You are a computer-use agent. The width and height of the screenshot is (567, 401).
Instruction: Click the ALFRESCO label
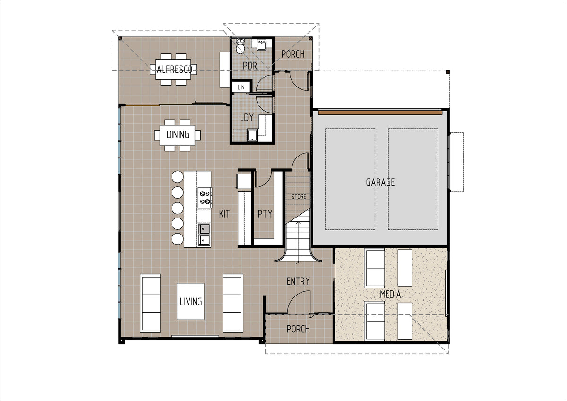[x=174, y=69]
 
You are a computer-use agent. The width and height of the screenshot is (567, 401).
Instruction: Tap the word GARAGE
[x=380, y=182]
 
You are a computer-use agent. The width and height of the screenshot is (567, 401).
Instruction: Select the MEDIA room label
[x=390, y=294]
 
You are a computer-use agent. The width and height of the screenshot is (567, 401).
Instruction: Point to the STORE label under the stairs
[x=299, y=197]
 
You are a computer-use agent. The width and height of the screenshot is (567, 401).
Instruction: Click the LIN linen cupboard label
[x=241, y=87]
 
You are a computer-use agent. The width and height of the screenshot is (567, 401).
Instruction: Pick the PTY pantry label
[x=265, y=214]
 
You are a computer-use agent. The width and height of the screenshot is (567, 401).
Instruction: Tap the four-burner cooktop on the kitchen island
[x=205, y=198]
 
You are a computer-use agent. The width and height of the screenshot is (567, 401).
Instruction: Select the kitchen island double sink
[x=204, y=235]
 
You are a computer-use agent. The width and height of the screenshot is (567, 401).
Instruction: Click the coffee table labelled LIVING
[x=190, y=301]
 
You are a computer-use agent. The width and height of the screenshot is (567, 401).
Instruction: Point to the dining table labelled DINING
[x=177, y=135]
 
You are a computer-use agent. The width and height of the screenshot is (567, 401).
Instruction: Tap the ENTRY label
[x=298, y=281]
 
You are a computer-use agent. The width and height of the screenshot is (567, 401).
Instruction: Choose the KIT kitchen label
[x=224, y=214]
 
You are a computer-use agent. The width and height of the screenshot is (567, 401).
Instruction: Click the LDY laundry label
[x=247, y=117]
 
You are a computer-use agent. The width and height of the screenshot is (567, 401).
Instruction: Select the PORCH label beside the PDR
[x=293, y=54]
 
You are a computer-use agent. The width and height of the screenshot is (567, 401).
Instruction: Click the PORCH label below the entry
[x=298, y=329]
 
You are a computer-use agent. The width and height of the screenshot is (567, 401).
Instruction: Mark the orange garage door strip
[x=380, y=112]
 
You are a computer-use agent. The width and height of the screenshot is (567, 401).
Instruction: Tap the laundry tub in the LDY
[x=252, y=135]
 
